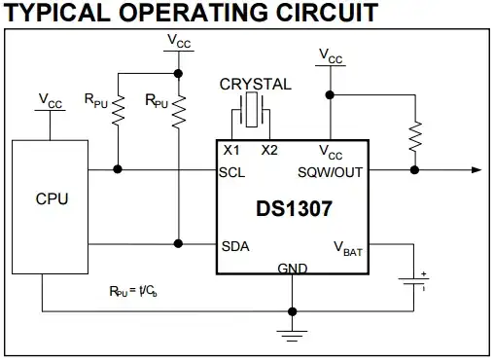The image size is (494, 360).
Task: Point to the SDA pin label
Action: (x=236, y=245)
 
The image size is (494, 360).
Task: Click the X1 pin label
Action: (x=231, y=150)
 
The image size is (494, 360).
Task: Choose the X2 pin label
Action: (x=268, y=150)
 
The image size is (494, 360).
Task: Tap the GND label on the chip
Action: (x=292, y=267)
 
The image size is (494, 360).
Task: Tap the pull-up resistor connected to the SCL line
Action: (x=117, y=109)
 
